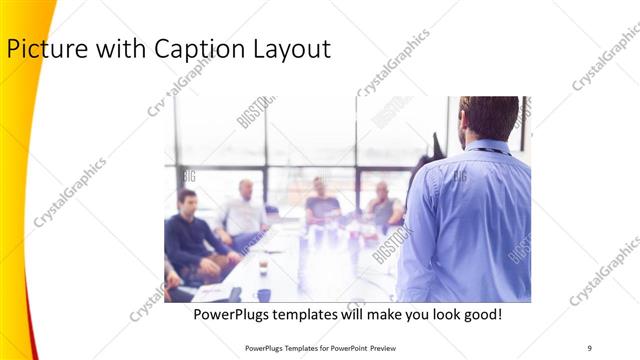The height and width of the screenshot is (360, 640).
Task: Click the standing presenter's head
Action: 489,115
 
